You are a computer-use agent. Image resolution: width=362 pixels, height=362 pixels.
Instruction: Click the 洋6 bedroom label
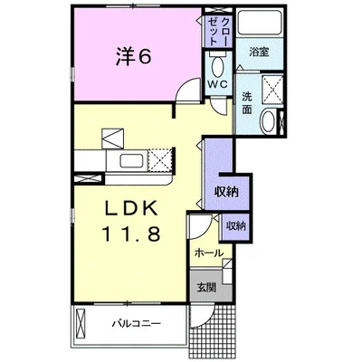133,56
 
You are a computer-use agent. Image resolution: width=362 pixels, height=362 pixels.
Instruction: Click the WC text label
219,85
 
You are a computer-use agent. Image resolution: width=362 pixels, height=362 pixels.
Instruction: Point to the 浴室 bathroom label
259,52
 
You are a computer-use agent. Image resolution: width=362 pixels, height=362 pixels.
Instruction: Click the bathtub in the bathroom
260,24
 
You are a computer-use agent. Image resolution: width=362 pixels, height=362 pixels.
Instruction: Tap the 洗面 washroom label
247,103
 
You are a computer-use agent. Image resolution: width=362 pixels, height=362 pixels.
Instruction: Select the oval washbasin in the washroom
268,121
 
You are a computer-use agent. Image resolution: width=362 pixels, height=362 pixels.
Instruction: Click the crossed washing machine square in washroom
272,90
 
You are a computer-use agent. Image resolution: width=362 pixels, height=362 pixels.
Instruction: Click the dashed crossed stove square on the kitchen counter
160,160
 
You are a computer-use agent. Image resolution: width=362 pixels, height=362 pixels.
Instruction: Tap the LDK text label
131,208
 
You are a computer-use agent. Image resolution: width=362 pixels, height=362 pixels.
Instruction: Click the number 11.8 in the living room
131,233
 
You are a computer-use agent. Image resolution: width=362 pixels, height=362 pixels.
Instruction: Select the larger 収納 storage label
226,192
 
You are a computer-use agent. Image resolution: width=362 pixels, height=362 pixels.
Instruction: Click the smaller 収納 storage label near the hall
236,225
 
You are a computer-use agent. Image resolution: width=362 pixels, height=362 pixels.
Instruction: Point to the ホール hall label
209,252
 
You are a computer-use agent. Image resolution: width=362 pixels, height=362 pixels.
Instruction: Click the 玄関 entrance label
206,287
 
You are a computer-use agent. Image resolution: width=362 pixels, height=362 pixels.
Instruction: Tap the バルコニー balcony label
137,324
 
